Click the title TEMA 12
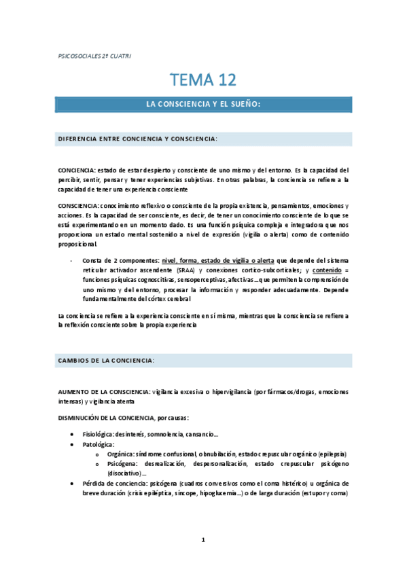click(x=204, y=80)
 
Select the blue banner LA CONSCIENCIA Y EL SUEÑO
click(x=204, y=104)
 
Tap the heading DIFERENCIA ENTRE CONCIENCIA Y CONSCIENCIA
click(x=137, y=139)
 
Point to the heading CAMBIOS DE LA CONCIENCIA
click(x=106, y=360)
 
